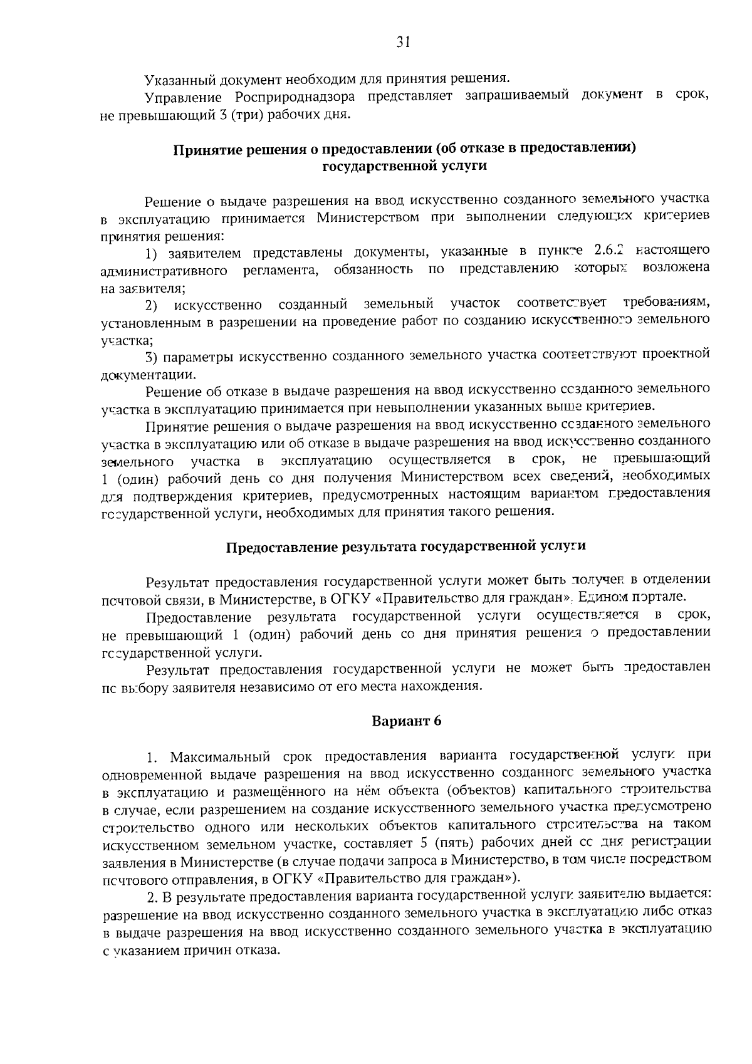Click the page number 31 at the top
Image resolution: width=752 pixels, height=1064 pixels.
tap(403, 41)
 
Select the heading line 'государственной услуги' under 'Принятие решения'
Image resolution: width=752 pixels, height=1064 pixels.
tap(404, 166)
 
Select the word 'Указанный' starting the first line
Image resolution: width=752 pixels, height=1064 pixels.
tap(179, 80)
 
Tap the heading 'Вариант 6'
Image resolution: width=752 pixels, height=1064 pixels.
tap(407, 721)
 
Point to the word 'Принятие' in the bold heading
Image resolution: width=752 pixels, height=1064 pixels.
tap(202, 149)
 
